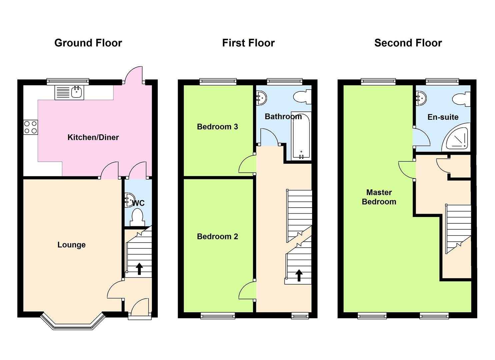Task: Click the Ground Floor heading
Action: pos(88,43)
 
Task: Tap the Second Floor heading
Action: pos(408,43)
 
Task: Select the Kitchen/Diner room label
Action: pos(93,137)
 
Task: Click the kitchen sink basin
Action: pos(77,92)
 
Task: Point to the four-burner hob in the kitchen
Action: pos(30,127)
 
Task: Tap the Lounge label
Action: pos(71,245)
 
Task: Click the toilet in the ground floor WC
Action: pos(137,217)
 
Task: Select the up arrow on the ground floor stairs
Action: pos(139,269)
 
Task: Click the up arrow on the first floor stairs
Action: pos(299,275)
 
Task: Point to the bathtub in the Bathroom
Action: pos(301,136)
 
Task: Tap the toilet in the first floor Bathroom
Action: pos(302,97)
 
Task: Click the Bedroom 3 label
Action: pos(217,127)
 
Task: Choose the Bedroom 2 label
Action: pos(217,236)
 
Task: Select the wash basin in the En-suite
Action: pos(421,97)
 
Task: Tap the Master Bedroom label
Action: pos(379,197)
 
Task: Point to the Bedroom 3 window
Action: pos(218,82)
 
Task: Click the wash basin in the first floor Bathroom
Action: pos(261,97)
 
